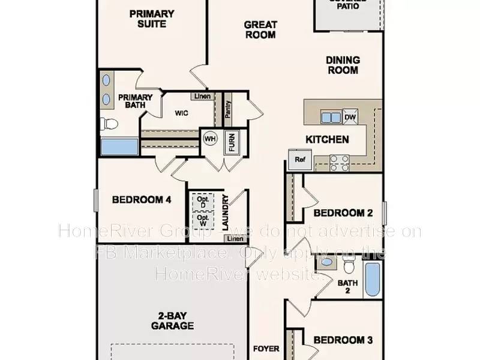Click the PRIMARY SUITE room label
coord(152,19)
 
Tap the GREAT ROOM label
coord(260,29)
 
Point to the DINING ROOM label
coord(343,65)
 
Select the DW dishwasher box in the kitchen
coord(350,118)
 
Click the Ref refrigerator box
coord(299,159)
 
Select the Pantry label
coord(228,109)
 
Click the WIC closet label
coord(182,113)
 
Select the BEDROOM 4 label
coord(142,200)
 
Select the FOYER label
coord(266,348)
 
